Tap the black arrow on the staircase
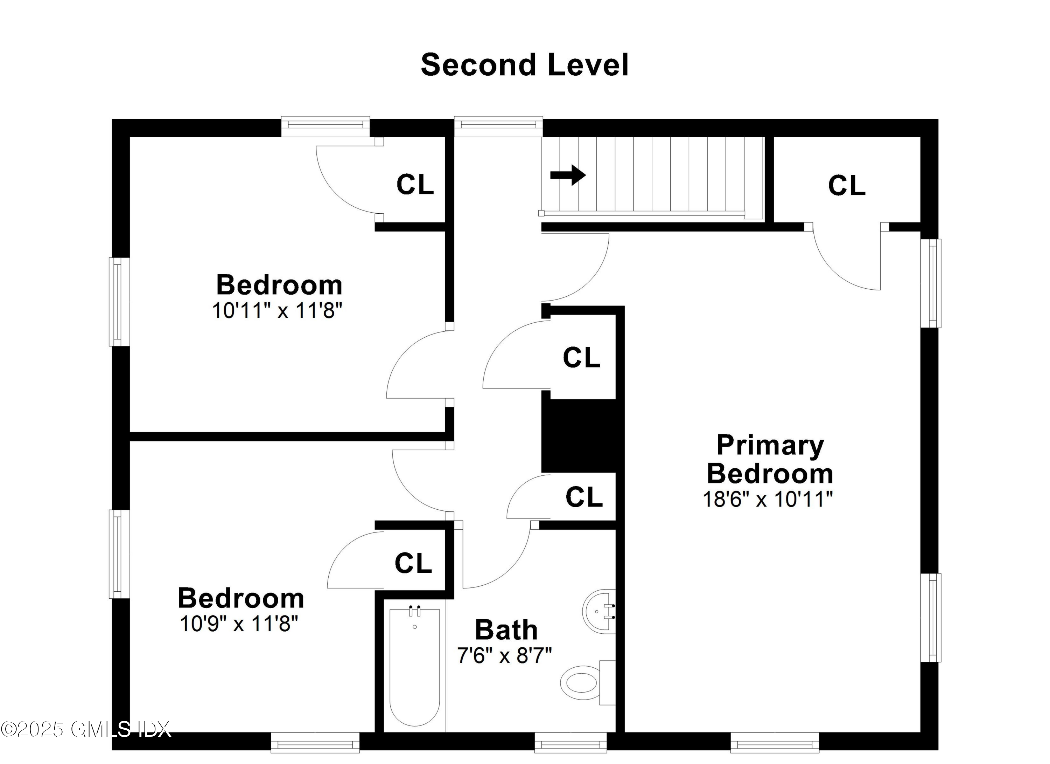point(568,175)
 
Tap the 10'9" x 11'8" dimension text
point(239,624)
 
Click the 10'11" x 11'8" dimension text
point(277,310)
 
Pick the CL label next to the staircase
point(846,186)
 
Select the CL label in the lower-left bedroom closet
point(413,563)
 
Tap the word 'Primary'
point(770,445)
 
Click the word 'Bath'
point(506,630)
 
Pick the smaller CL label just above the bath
point(583,497)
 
